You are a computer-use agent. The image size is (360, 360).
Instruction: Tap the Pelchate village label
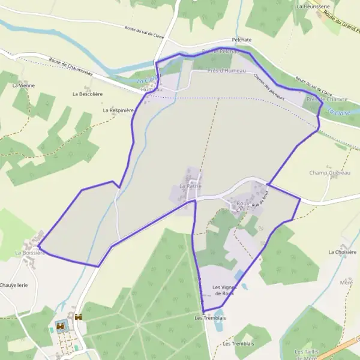241,40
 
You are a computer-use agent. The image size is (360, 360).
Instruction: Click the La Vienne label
23,86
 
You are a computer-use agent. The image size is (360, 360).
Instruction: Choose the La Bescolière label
88,94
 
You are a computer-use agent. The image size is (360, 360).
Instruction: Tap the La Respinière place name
118,110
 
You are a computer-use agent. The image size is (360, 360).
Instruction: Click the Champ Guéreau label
329,173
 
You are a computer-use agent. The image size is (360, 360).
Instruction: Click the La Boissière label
30,253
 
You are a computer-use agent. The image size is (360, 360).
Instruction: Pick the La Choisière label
343,253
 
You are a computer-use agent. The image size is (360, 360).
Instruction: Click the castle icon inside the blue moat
61,325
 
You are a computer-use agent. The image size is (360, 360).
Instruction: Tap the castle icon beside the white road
79,316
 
